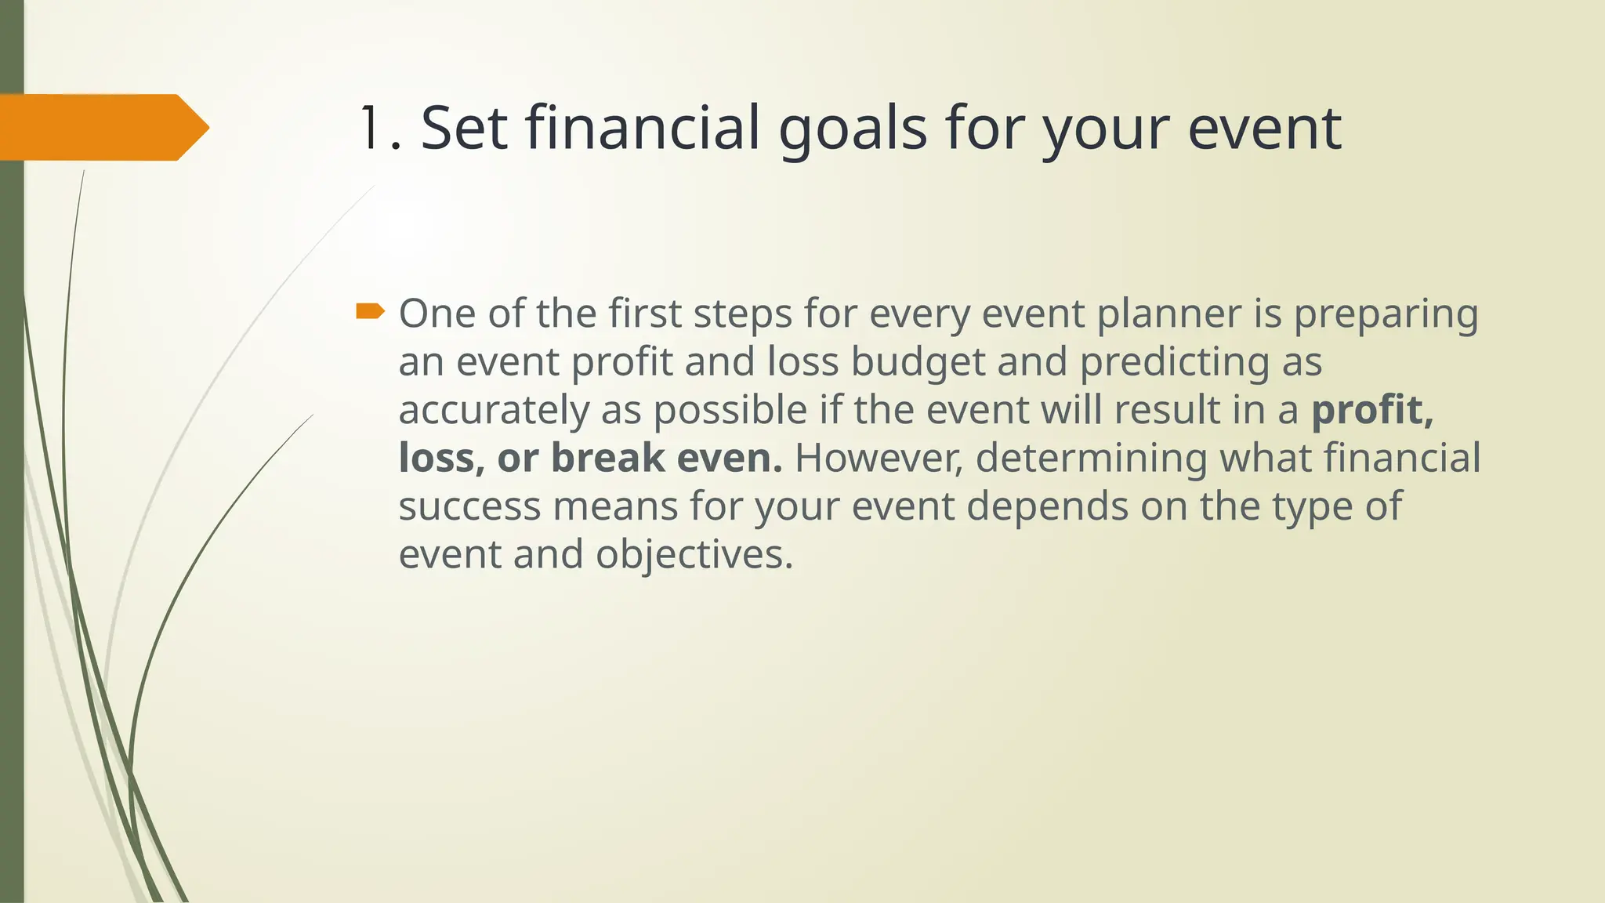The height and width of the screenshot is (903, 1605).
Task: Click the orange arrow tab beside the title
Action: [x=102, y=127]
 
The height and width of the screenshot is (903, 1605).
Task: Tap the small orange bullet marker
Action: [x=370, y=312]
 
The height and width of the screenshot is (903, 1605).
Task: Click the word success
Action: [x=469, y=507]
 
